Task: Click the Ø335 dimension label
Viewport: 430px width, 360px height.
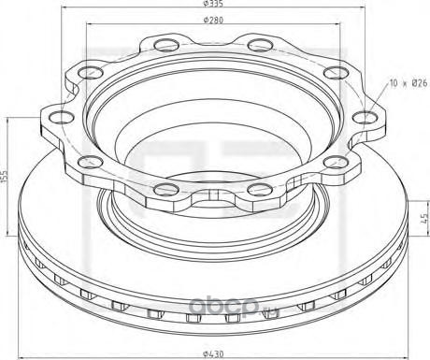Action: tap(213, 4)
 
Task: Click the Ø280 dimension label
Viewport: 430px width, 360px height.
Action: tap(213, 20)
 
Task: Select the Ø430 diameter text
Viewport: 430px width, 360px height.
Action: tap(213, 354)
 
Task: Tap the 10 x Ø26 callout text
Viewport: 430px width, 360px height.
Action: tap(408, 83)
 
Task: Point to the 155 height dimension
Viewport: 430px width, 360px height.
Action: tap(5, 177)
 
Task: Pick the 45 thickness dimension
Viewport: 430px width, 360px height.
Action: tap(424, 219)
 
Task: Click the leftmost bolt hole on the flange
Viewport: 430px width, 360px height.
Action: tap(61, 118)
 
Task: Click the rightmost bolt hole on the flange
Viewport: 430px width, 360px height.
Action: tap(365, 118)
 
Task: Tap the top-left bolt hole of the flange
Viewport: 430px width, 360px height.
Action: tap(166, 45)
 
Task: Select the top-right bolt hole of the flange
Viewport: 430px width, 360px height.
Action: tap(261, 45)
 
